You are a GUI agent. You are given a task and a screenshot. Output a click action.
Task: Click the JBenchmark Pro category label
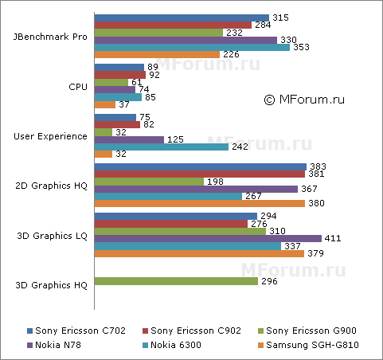click(x=51, y=36)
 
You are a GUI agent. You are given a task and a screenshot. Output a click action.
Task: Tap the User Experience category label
click(x=51, y=136)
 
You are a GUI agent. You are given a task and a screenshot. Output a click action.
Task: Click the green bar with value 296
click(x=176, y=281)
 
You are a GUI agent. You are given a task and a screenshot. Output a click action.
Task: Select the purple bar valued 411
click(x=208, y=237)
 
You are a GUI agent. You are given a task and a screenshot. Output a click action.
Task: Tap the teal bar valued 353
click(x=192, y=47)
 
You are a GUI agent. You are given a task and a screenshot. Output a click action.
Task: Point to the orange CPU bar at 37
click(x=104, y=104)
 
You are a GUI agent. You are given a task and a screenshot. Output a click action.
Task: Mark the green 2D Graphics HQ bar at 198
click(x=149, y=181)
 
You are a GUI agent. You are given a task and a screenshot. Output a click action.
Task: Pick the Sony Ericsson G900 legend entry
click(x=305, y=330)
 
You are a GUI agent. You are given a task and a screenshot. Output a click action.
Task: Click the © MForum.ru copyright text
click(x=303, y=100)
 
